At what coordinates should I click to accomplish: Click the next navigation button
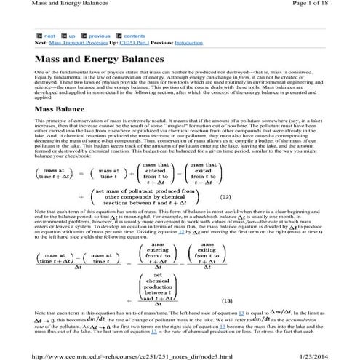coord(47,35)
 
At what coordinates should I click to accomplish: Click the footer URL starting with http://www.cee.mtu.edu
coord(124,354)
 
